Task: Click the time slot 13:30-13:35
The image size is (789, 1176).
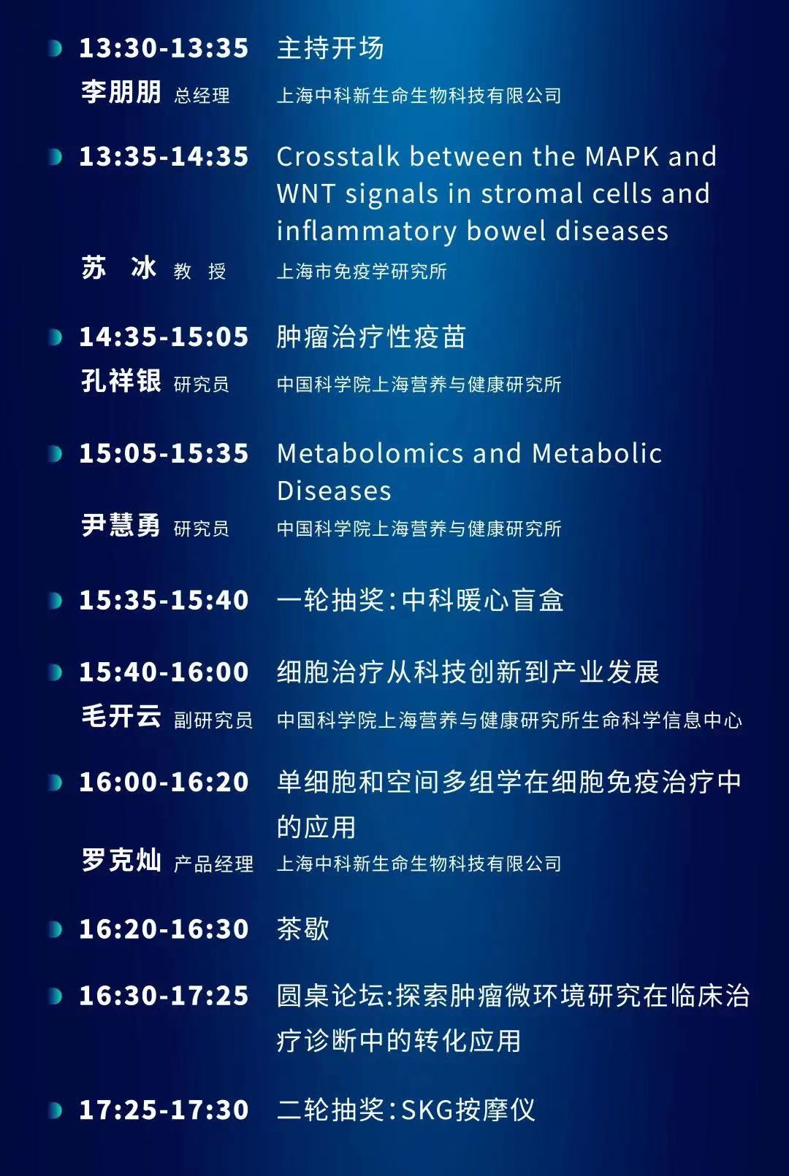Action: [x=164, y=48]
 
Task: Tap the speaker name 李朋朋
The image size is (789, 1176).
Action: [x=121, y=92]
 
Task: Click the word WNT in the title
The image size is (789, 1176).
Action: [x=305, y=193]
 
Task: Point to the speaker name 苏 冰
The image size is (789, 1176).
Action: [x=119, y=268]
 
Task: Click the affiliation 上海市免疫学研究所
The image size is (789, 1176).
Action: [x=362, y=272]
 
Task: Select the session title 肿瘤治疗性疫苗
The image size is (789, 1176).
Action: [x=371, y=337]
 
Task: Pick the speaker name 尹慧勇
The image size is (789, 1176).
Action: [x=121, y=525]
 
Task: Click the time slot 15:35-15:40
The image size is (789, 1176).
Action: [x=164, y=600]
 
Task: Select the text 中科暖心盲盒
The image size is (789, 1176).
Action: [x=483, y=600]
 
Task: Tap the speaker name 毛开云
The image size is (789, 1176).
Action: [x=121, y=716]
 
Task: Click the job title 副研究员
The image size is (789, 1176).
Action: [x=213, y=720]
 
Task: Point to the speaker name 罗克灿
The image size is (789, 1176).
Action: [x=121, y=860]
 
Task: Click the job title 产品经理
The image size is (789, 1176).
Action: [x=213, y=864]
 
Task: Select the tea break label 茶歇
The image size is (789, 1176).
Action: [x=303, y=929]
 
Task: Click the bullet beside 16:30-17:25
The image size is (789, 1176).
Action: [x=55, y=996]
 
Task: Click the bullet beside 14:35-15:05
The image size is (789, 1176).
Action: [x=55, y=337]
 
